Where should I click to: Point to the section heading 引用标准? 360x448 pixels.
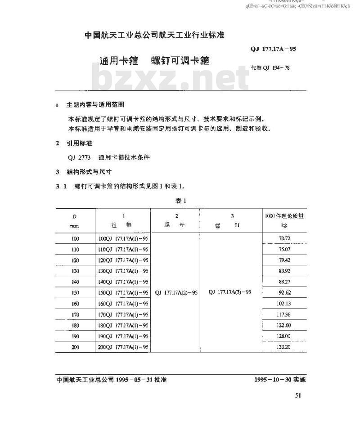[x=79, y=143]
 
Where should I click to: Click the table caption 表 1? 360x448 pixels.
[x=181, y=201]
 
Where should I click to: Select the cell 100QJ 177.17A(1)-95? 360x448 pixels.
[x=123, y=239]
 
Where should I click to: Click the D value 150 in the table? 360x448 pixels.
[x=75, y=293]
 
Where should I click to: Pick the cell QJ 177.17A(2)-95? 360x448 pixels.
[x=176, y=292]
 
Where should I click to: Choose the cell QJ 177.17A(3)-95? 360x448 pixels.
[x=230, y=292]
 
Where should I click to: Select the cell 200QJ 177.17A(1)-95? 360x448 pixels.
[x=123, y=347]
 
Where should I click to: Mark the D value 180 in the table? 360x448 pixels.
[x=75, y=325]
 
